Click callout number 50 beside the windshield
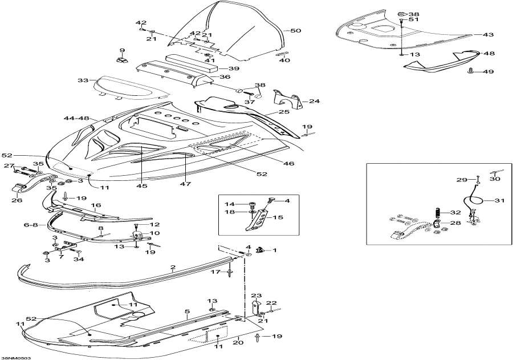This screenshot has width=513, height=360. point(295,31)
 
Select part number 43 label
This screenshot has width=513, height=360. point(488,35)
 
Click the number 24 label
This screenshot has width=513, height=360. point(314,102)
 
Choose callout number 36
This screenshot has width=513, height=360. point(225,77)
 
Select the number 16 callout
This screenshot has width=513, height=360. point(96,204)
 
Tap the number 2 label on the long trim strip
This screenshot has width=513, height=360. point(173,267)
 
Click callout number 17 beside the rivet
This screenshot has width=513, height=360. point(216,272)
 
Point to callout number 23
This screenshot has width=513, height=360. point(256,296)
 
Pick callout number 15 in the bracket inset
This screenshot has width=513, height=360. point(279,217)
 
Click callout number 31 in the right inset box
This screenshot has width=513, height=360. point(499,200)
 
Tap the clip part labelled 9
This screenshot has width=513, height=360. point(121,59)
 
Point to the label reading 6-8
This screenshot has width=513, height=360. point(31,225)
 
